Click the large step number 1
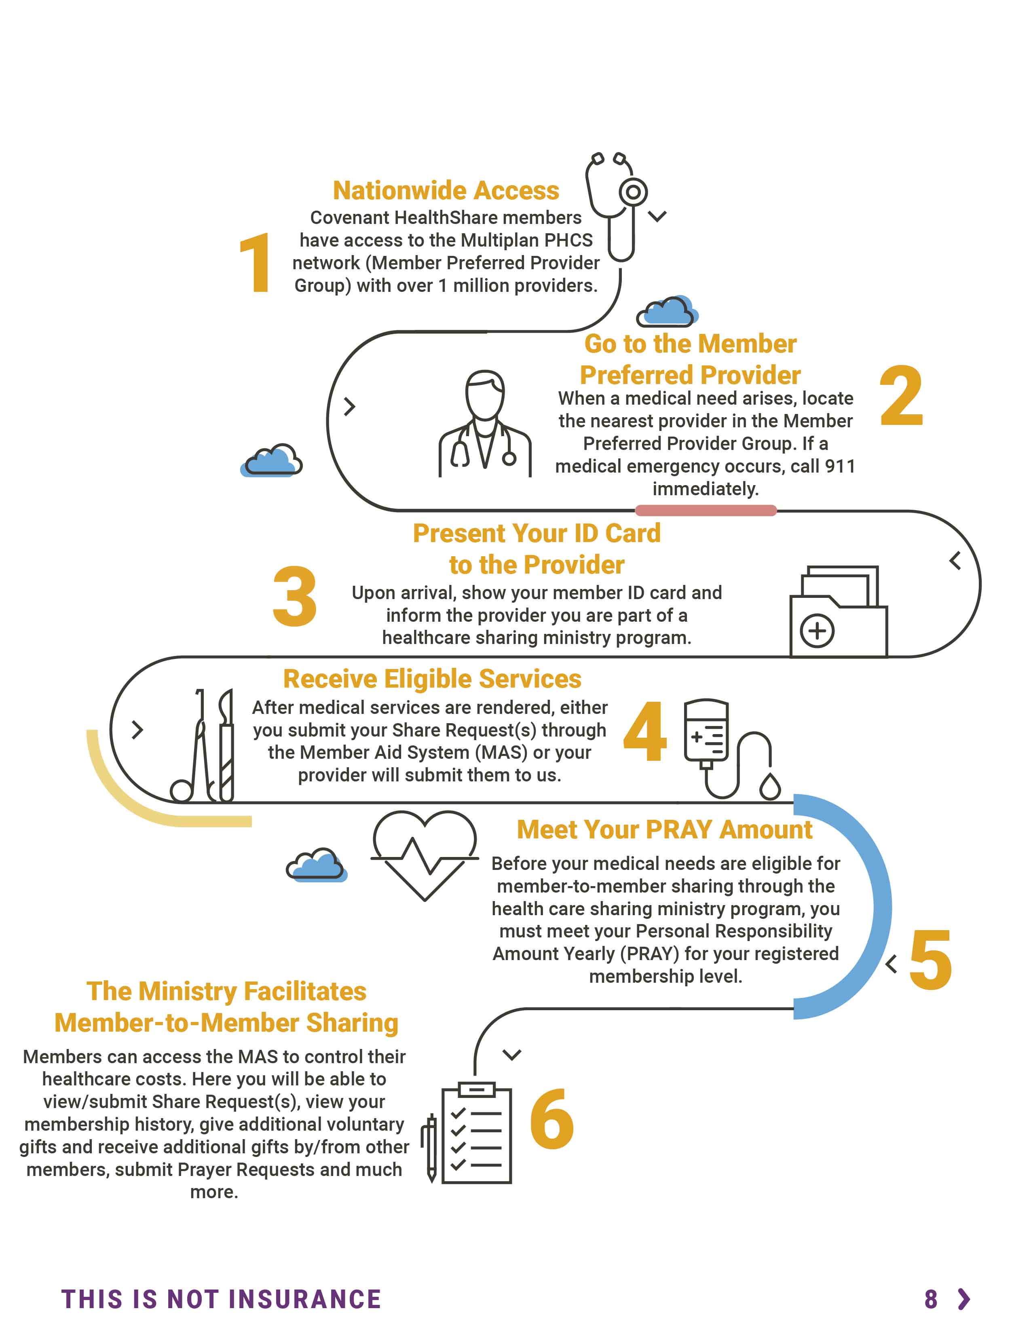256,263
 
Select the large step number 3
295,596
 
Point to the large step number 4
645,731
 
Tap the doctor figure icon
485,423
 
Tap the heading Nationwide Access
446,190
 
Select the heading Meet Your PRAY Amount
665,830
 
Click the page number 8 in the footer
931,1299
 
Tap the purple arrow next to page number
964,1299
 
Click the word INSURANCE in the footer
305,1299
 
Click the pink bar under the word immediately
706,511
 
